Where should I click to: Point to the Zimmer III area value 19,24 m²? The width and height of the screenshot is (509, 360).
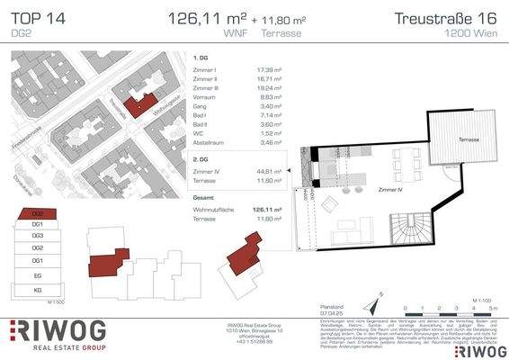click(x=268, y=91)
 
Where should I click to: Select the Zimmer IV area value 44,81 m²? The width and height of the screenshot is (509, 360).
click(x=267, y=168)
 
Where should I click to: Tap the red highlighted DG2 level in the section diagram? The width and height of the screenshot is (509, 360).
click(x=38, y=214)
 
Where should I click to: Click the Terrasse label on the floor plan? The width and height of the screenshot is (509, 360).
click(x=468, y=140)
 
